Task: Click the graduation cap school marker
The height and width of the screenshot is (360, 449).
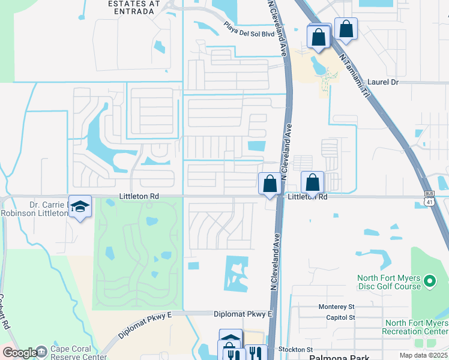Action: pyautogui.click(x=80, y=206)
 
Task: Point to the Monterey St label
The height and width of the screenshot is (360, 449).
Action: pyautogui.click(x=337, y=306)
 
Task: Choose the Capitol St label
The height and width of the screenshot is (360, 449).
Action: pyautogui.click(x=340, y=317)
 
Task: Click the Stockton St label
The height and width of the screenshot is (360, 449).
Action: pyautogui.click(x=294, y=349)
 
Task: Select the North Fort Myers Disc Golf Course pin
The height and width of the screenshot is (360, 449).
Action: pyautogui.click(x=430, y=280)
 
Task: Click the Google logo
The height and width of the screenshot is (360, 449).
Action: pyautogui.click(x=19, y=353)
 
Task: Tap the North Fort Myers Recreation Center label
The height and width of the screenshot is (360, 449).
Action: pyautogui.click(x=415, y=327)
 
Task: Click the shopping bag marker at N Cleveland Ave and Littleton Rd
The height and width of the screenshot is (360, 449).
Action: pyautogui.click(x=270, y=183)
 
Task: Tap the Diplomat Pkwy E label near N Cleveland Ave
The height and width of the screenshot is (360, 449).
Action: pyautogui.click(x=243, y=314)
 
